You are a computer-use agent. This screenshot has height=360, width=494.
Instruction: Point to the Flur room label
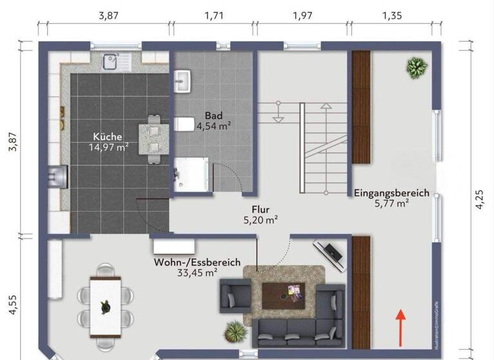click(261, 214)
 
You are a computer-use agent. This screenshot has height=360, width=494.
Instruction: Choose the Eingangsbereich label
click(391, 197)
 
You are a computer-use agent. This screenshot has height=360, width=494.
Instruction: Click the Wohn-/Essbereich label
click(197, 267)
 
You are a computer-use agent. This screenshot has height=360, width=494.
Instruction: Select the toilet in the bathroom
click(183, 123)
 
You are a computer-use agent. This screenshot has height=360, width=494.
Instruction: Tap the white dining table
click(105, 305)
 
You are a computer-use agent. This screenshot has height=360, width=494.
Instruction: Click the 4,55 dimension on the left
click(11, 302)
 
